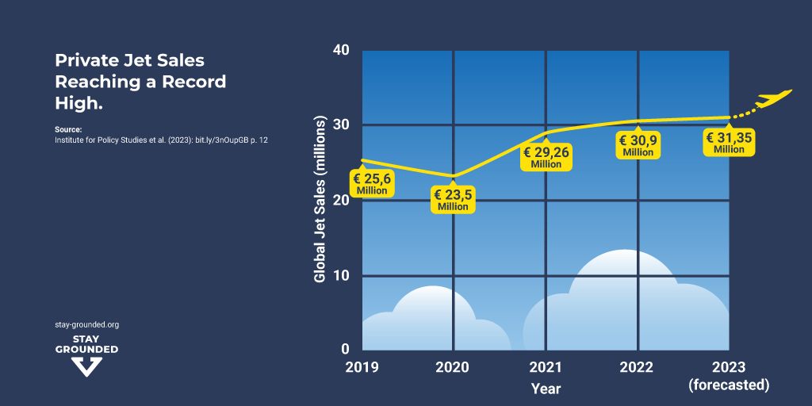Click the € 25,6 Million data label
(372, 184)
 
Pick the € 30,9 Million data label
(638, 146)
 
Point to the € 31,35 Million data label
(729, 143)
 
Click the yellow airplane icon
(773, 99)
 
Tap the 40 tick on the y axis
(341, 50)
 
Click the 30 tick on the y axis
(341, 125)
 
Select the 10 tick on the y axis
(341, 275)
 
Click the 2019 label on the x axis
(362, 368)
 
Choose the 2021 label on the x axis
(545, 368)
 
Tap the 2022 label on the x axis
(637, 368)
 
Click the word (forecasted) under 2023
(729, 385)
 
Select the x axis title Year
(546, 389)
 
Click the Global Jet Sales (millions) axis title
(320, 200)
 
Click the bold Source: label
(68, 129)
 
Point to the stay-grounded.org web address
(86, 324)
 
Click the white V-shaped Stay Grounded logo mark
(86, 366)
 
